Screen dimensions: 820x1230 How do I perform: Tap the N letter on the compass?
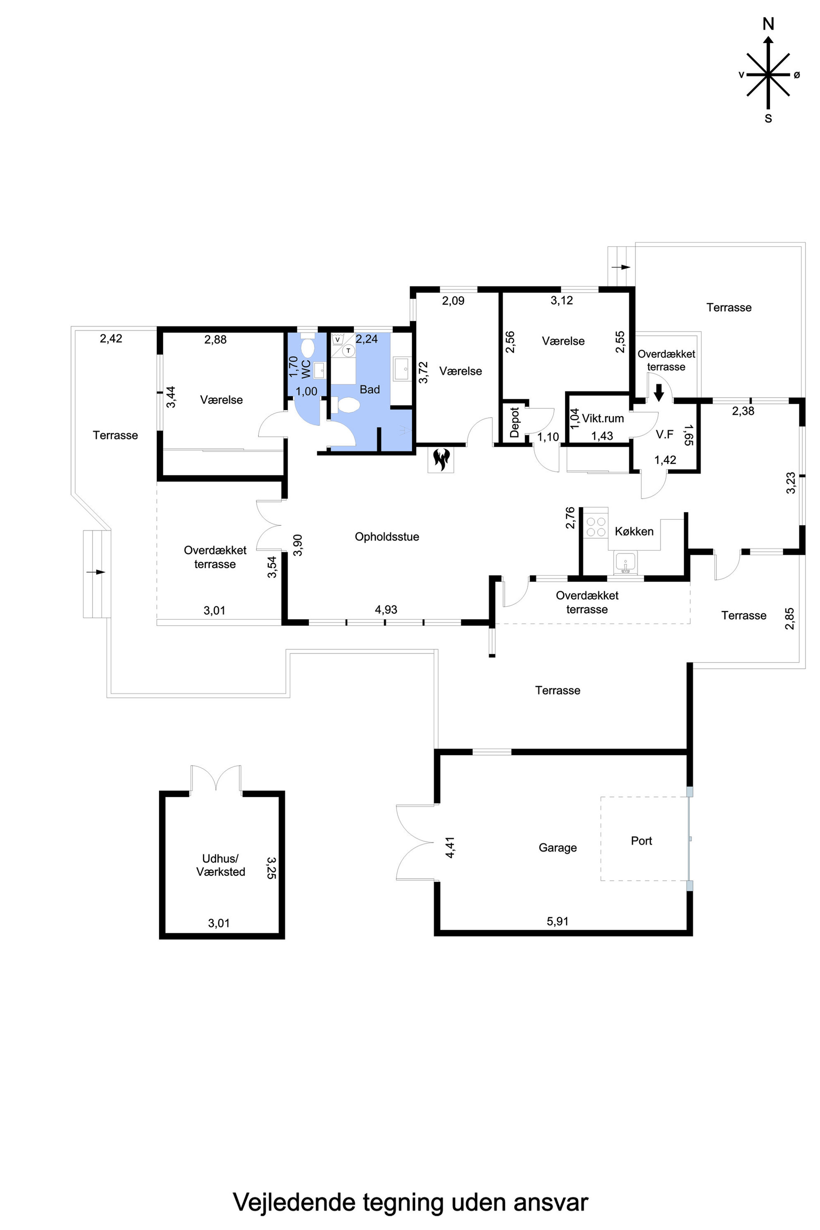tap(768, 24)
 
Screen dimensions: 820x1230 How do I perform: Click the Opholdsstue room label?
tap(387, 536)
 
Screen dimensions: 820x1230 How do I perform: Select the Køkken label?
tap(634, 532)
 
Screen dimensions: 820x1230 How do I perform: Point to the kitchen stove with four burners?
tap(596, 526)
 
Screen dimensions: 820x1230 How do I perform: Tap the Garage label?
tap(558, 848)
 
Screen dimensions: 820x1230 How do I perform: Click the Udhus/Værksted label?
tap(221, 865)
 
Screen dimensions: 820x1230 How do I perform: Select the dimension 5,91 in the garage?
tap(558, 921)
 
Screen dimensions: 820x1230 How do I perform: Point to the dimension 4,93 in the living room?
tap(386, 609)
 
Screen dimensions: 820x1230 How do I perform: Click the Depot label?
tap(515, 422)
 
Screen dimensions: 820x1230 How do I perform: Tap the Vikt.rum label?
tap(603, 418)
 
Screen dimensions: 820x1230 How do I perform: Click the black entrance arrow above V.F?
tap(659, 392)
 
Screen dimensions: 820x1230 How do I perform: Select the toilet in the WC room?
tap(307, 347)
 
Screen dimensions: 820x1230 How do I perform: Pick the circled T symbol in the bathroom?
tap(348, 350)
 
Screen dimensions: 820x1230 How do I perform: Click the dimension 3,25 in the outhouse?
tap(272, 867)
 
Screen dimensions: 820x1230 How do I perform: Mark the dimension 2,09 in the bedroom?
tap(453, 301)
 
